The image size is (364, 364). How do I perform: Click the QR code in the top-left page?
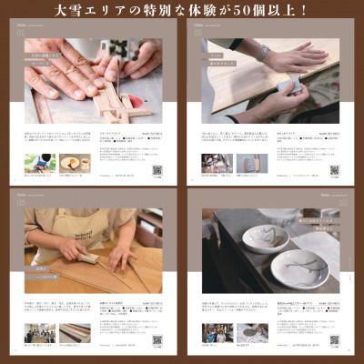point(157,170)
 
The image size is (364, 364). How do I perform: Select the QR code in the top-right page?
point(334,170)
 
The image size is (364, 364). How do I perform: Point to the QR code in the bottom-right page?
point(334,339)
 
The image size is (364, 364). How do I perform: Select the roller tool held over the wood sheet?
point(87,258)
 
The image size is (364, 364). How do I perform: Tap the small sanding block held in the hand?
point(292,87)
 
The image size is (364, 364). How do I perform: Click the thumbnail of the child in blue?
point(39,163)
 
